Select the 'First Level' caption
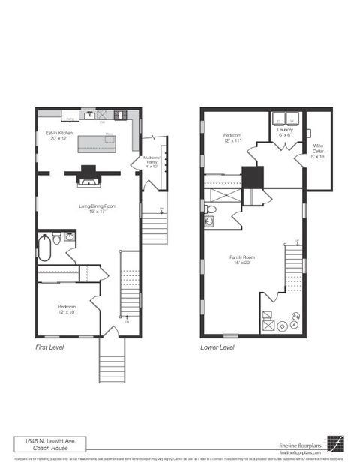click(x=51, y=348)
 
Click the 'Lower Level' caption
click(x=217, y=348)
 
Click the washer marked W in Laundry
click(x=292, y=119)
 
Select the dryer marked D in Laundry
click(x=278, y=119)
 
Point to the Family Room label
click(x=244, y=259)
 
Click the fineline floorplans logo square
click(x=335, y=443)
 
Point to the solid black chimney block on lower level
click(x=253, y=178)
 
